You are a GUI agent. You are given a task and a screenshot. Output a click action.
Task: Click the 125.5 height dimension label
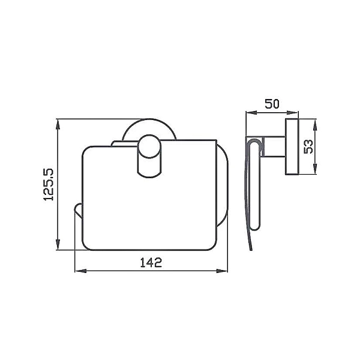48,185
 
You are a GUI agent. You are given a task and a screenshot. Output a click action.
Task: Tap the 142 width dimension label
151,262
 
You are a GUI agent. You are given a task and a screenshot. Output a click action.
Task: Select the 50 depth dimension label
272,104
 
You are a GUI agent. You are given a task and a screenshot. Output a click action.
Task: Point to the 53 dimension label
308,146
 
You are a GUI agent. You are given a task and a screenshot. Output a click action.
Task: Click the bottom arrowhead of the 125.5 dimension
58,244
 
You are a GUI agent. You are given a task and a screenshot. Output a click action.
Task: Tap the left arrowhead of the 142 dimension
80,271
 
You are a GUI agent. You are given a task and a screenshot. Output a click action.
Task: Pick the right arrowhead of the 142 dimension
222,271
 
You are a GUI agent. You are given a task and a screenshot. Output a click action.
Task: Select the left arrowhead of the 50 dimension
251,113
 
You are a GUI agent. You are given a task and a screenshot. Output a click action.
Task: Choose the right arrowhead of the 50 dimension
293,113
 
